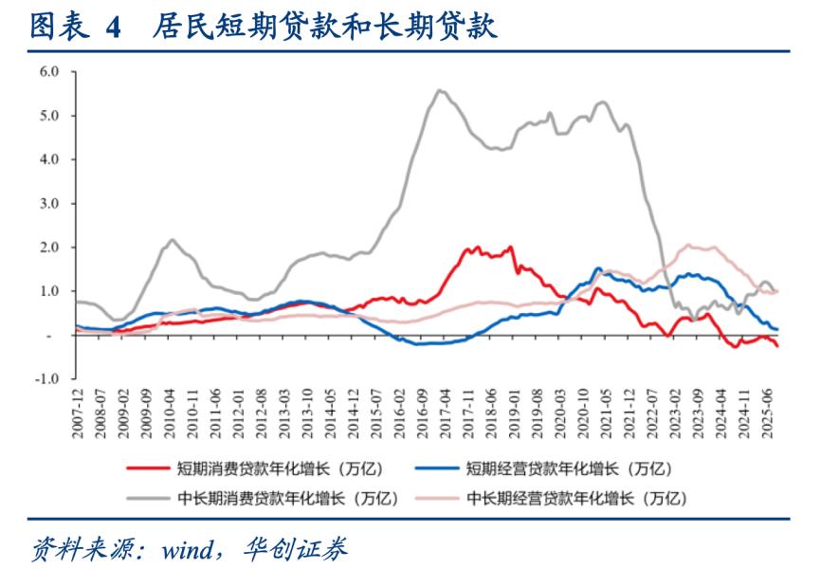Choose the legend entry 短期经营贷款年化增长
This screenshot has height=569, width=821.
[x=561, y=468]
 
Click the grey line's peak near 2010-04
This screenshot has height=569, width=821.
[x=173, y=240]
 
